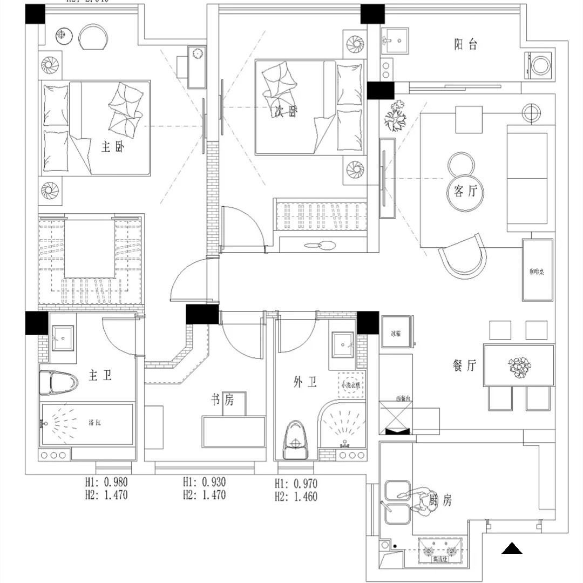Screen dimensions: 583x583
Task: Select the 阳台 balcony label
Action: (x=465, y=45)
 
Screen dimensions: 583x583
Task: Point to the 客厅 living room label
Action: (x=466, y=191)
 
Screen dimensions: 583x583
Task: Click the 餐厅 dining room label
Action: (x=464, y=366)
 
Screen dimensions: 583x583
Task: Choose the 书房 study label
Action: (x=222, y=400)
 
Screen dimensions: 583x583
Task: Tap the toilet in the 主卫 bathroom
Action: (x=57, y=383)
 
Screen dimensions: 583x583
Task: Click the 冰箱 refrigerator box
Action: (x=396, y=333)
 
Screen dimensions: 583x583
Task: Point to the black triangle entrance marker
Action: (x=511, y=549)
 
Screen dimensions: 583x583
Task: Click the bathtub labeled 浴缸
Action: (x=87, y=424)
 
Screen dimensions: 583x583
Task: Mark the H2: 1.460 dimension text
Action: (x=296, y=496)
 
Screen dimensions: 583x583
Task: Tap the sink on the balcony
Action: (x=396, y=40)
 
